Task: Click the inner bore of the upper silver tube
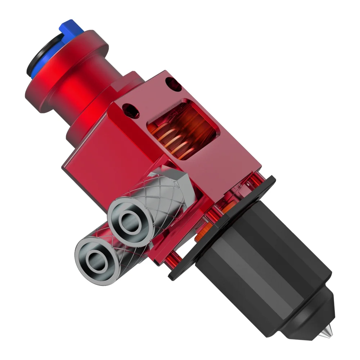tap(126, 222)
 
